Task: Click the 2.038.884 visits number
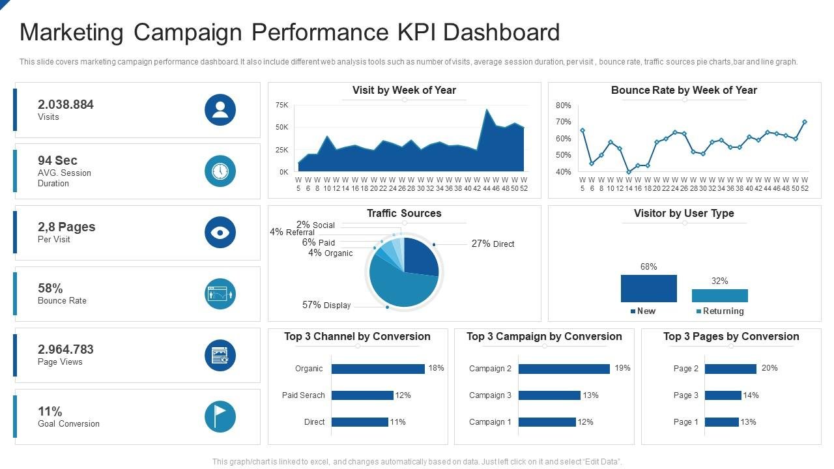coord(66,104)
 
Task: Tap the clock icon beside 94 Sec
coord(220,171)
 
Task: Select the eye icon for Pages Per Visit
coord(220,233)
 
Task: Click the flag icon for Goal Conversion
coord(220,416)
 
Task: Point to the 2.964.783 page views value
coord(66,349)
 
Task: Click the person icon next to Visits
coord(220,110)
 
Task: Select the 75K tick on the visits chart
coord(282,105)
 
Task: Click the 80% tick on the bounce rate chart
coord(563,106)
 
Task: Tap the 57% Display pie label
coord(326,305)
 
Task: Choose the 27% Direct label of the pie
coord(493,244)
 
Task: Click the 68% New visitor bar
coord(648,288)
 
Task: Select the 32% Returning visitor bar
coord(719,296)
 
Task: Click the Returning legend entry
coord(723,311)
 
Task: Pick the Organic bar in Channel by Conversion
coord(378,369)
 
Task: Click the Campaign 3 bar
coord(549,395)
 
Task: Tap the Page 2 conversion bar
coord(730,369)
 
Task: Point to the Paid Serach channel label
coord(303,395)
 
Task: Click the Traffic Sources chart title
coord(404,214)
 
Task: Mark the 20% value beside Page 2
coord(769,368)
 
